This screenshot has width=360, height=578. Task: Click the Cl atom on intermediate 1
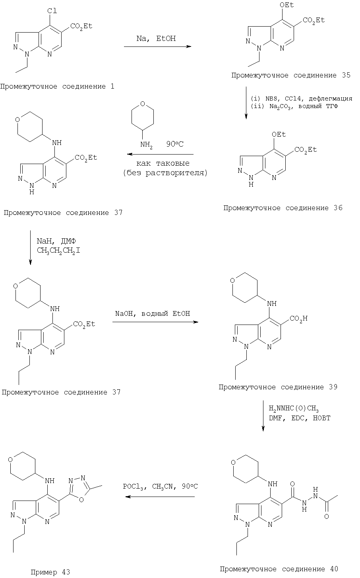click(52, 11)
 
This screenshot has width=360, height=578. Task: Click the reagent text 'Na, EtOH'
click(156, 39)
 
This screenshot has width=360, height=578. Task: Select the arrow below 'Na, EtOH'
click(157, 46)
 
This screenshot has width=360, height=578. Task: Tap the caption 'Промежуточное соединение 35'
click(291, 75)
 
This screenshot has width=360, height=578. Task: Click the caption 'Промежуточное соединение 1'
click(57, 87)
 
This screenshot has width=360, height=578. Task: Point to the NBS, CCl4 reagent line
click(302, 99)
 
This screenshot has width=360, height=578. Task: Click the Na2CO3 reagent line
click(294, 106)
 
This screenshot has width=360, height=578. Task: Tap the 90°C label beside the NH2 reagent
click(175, 144)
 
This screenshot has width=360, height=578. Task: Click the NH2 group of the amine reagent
click(146, 145)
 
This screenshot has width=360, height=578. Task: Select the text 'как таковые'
click(163, 163)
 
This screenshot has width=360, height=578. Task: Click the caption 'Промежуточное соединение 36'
click(283, 208)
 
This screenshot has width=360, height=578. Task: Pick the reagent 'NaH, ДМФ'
click(56, 241)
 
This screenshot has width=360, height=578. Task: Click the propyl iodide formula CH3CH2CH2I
click(58, 250)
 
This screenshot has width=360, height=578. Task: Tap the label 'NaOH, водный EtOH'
click(153, 313)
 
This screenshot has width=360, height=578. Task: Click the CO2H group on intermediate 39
click(298, 319)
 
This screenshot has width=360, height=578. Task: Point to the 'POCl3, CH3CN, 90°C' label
click(160, 486)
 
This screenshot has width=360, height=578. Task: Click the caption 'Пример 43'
click(50, 572)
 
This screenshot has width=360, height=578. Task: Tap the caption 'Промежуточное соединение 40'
click(279, 569)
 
